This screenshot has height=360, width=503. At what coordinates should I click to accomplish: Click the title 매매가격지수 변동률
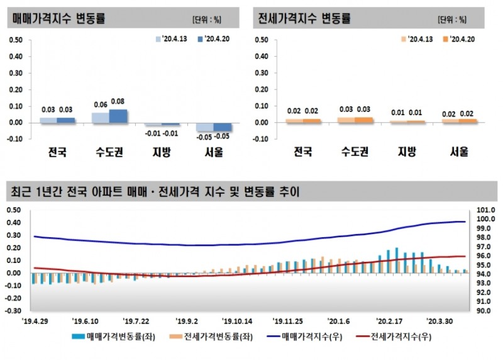point(59,18)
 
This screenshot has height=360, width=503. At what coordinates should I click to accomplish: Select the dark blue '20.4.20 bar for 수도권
point(118,116)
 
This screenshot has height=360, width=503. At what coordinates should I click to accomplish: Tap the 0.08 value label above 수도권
point(118,101)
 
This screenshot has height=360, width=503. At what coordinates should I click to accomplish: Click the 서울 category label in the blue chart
point(215,151)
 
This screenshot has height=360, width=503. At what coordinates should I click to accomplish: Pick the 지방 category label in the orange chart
point(406,151)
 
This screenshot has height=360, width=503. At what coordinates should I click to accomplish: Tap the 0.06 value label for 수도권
point(101,105)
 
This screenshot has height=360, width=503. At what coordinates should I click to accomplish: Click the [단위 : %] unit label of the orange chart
point(453,19)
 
